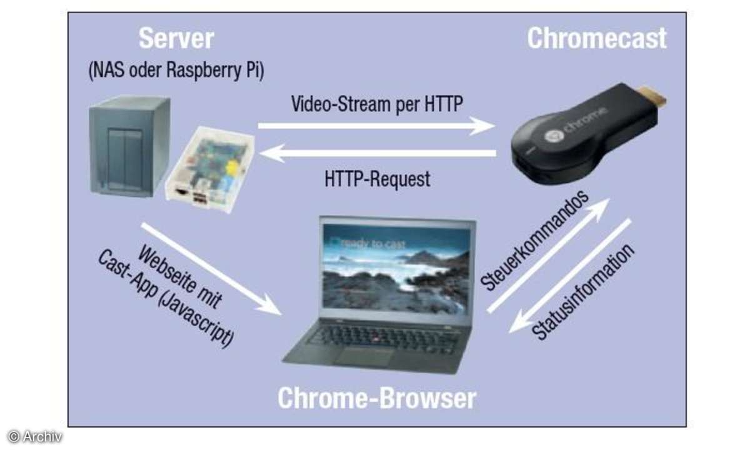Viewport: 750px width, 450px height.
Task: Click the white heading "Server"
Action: pos(176,39)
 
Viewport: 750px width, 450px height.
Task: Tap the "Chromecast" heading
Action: pos(597,39)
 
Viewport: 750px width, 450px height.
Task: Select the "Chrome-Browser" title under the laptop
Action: pos(377,398)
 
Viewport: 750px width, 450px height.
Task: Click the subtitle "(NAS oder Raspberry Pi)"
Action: pos(176,71)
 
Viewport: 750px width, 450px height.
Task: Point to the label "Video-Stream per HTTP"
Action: pos(377,104)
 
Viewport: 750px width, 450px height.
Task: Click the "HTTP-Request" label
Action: pos(377,179)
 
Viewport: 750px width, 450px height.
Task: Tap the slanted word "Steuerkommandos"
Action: pos(534,241)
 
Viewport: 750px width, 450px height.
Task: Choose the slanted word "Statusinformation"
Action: pos(583,292)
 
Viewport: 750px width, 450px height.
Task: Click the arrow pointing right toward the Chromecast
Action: pos(377,126)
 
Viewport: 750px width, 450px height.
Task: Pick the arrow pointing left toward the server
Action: pos(377,153)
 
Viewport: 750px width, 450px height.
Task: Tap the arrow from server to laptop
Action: pos(211,269)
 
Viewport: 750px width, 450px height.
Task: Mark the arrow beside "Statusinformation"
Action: pos(570,276)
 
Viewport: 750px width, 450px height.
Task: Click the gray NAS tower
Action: pos(130,146)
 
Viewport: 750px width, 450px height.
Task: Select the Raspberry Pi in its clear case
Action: pos(210,169)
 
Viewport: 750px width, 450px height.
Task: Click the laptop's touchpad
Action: pos(366,357)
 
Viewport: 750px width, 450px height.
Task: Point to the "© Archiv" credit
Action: pos(34,437)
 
